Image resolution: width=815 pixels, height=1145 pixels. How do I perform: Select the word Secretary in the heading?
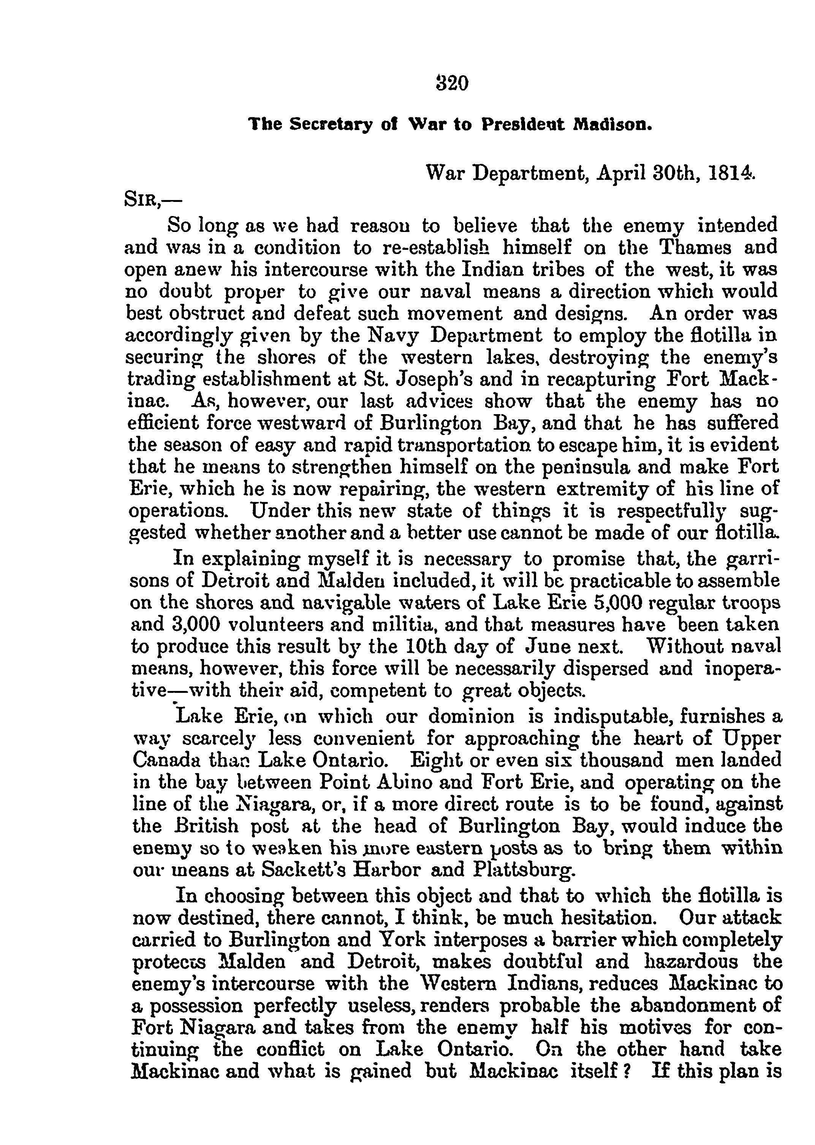331,124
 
